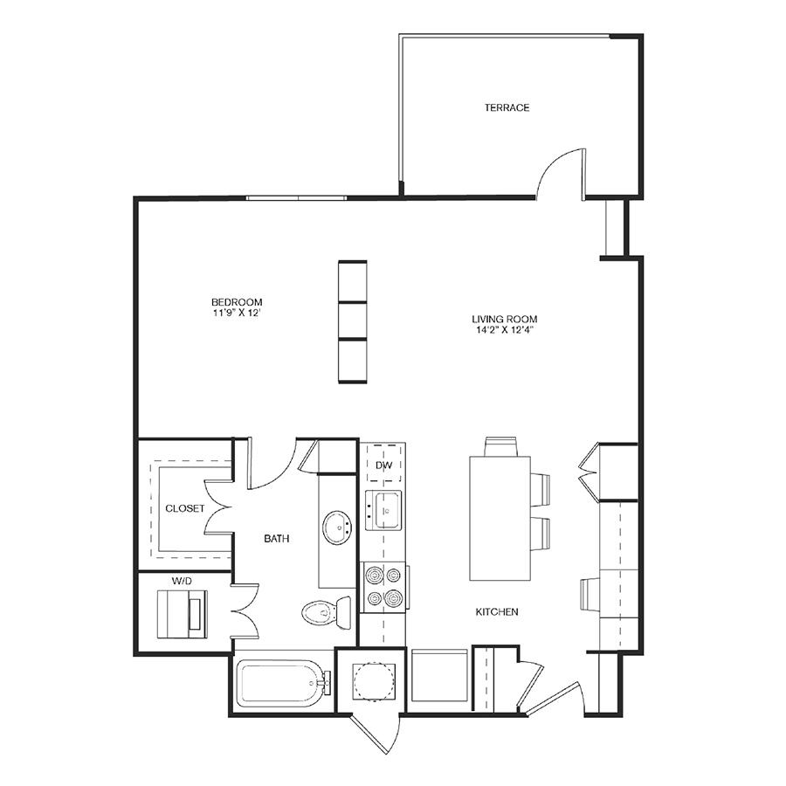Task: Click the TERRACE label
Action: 507,107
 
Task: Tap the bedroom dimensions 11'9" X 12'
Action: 237,314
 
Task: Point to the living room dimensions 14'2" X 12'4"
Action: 504,330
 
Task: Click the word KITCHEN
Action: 497,611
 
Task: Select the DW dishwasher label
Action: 384,465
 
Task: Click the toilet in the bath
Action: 327,611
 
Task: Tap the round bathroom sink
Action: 337,527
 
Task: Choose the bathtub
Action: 284,683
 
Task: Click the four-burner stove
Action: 384,587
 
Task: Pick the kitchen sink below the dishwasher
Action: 383,510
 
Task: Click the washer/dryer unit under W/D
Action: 182,614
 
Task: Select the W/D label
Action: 182,581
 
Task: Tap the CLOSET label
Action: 185,508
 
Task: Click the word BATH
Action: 276,538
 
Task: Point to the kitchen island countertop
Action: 500,518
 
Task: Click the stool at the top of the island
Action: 500,446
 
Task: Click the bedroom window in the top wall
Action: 296,198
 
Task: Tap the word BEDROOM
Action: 237,302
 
